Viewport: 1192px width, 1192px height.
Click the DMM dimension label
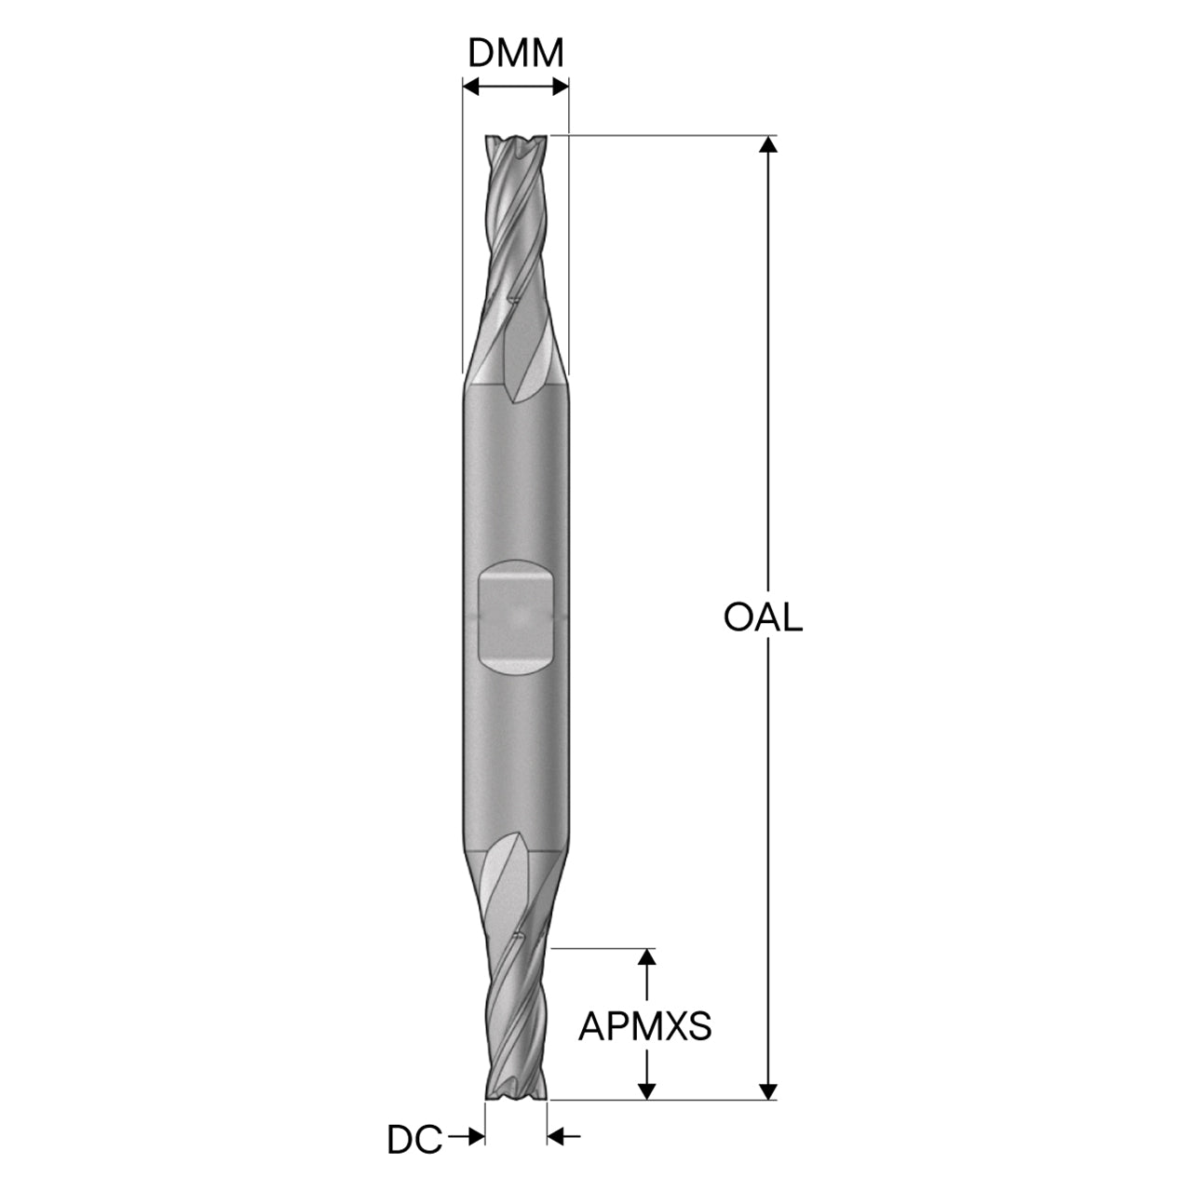(515, 53)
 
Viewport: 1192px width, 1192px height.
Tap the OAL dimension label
(763, 617)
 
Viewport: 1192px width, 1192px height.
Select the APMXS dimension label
(644, 1026)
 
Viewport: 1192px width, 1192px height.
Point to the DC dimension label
(414, 1140)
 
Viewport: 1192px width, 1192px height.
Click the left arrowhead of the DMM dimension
(470, 87)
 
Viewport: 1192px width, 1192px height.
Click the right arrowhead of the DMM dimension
(561, 87)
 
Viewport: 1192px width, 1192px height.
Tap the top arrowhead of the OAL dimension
(767, 143)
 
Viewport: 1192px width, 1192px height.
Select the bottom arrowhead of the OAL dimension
(767, 1090)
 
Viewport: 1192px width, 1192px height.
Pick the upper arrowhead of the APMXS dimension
(646, 956)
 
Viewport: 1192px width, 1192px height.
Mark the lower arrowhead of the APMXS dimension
(646, 1090)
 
